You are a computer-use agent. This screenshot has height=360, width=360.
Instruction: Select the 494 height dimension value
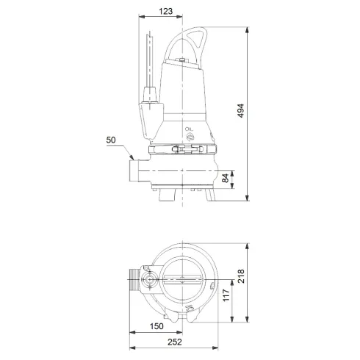240,109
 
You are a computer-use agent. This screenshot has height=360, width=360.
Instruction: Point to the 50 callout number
111,139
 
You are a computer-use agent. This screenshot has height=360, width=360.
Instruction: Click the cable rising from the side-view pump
149,59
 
